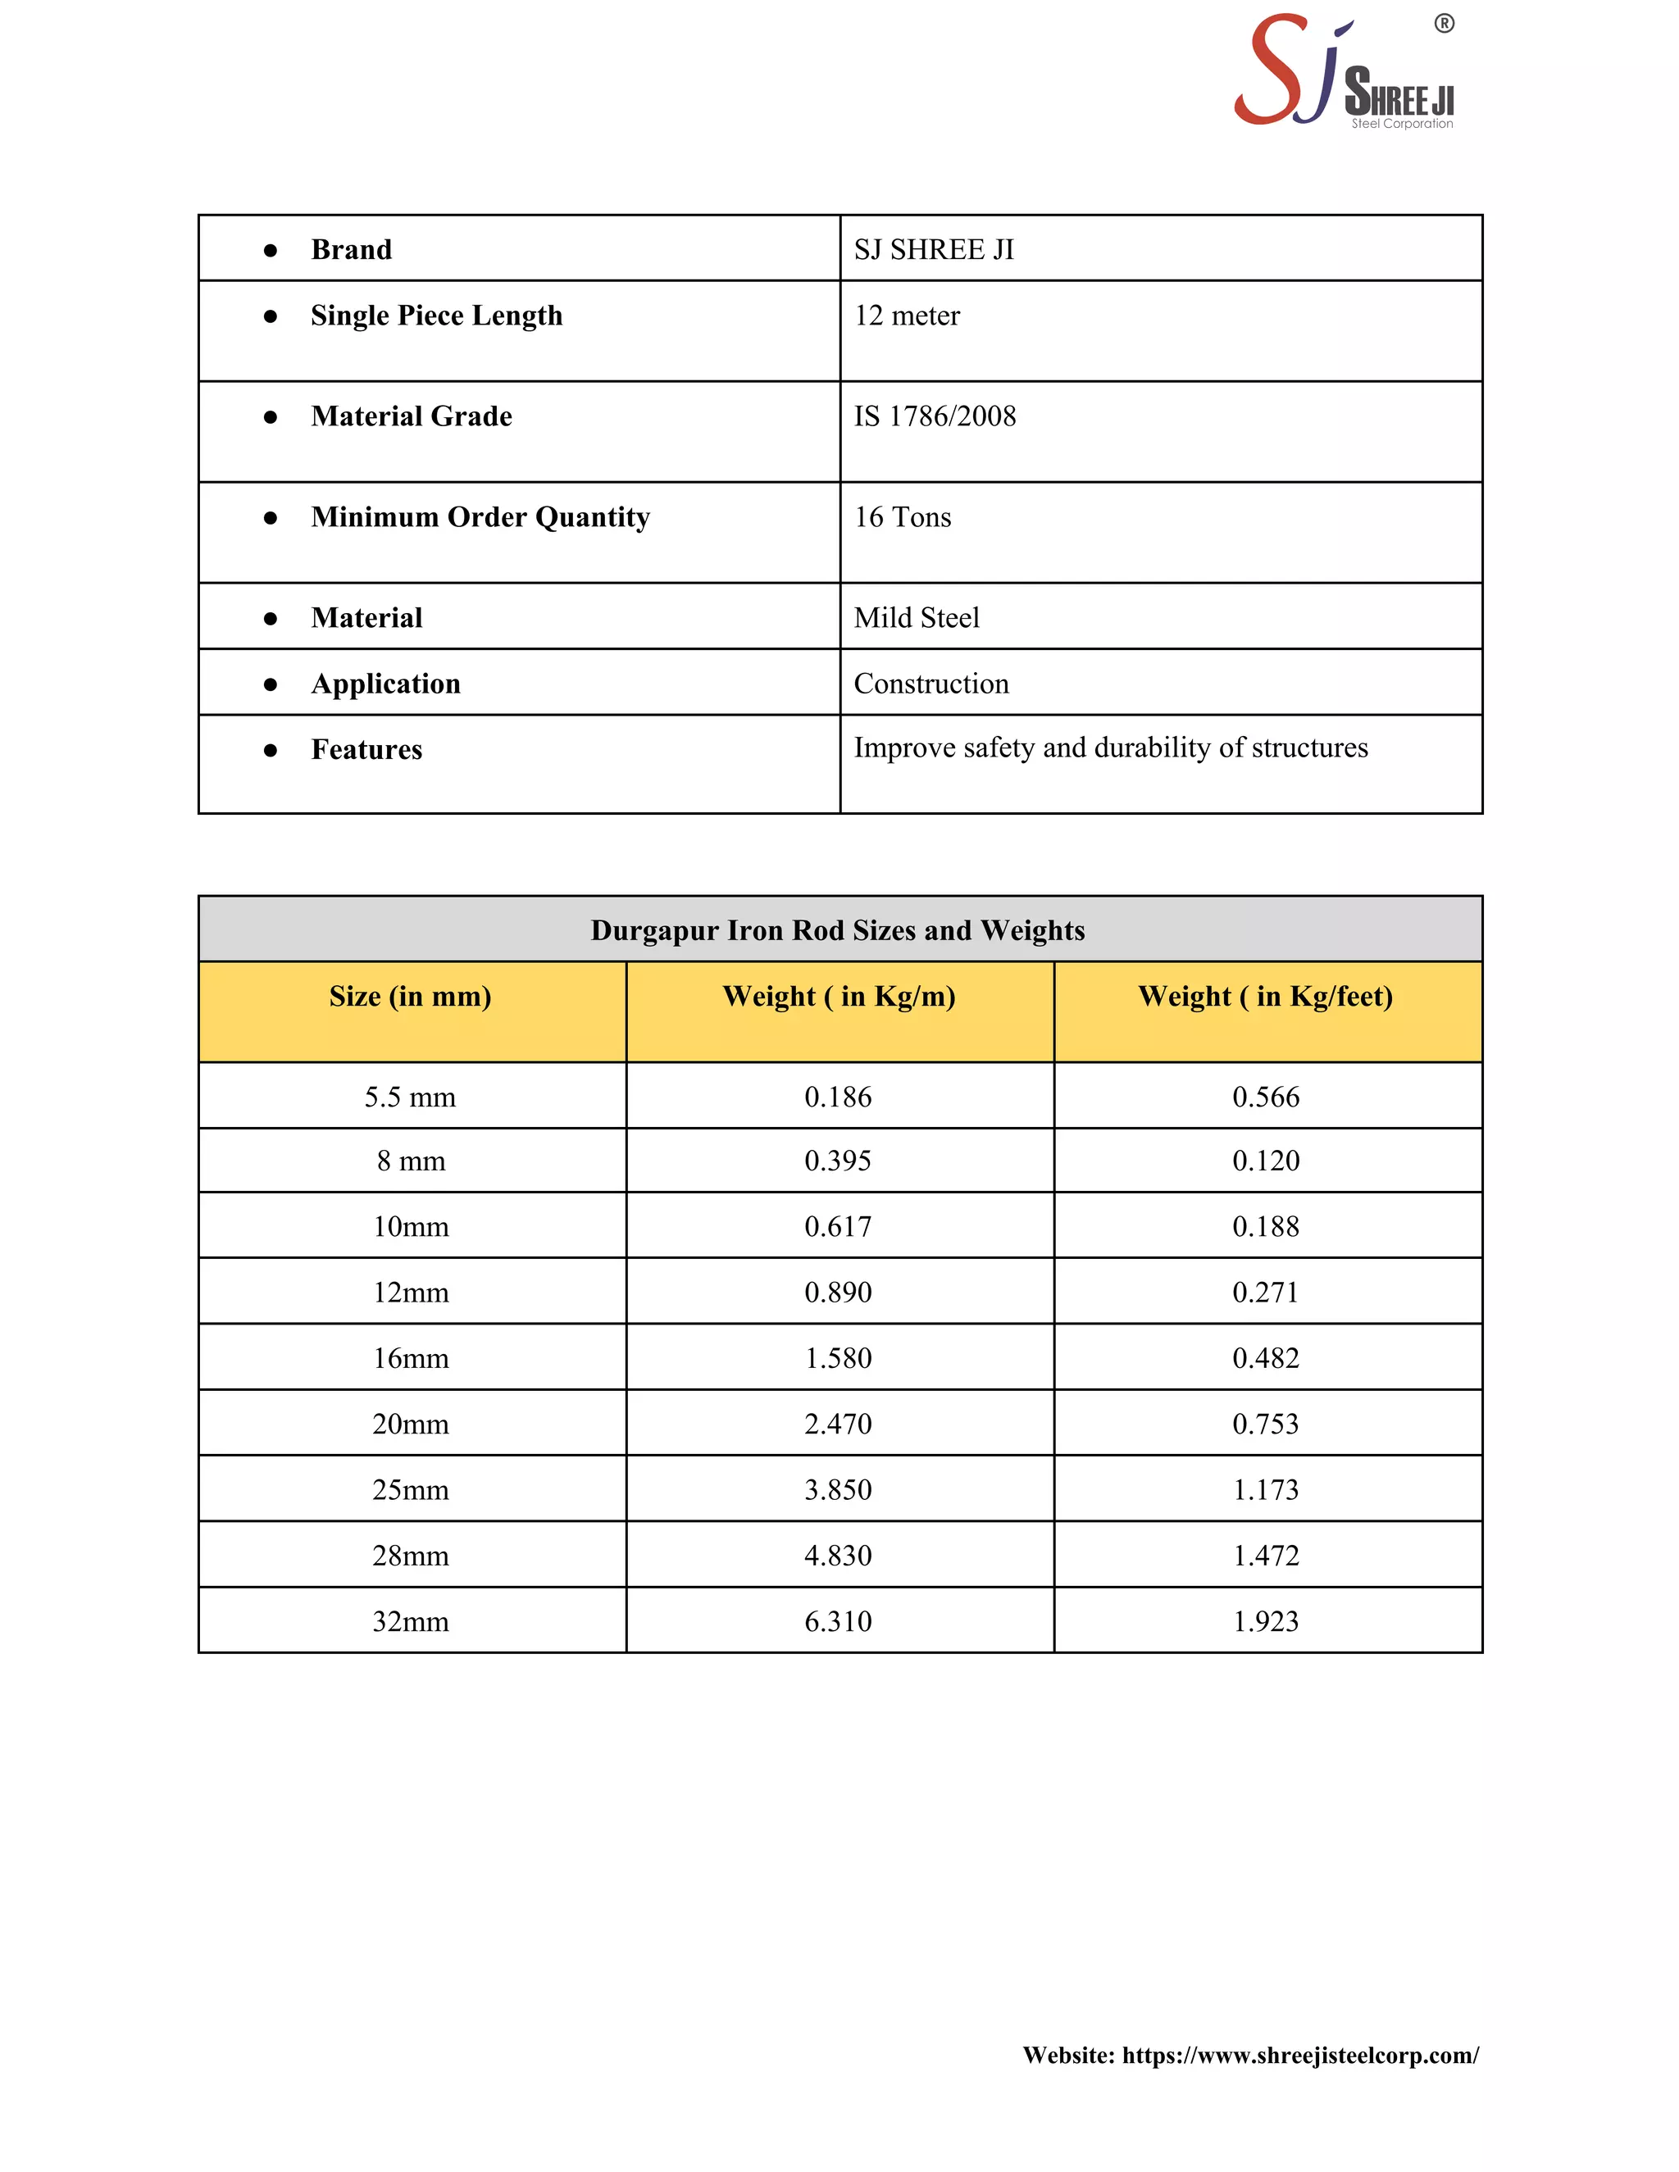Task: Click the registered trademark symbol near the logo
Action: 1445,24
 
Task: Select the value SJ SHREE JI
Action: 933,250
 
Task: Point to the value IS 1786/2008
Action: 934,416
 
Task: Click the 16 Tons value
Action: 902,517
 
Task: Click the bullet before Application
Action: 271,684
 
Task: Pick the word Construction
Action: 931,684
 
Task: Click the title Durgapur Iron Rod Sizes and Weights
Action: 838,930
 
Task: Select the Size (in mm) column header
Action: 410,997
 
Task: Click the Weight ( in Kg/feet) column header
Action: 1265,997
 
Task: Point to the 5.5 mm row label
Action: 410,1097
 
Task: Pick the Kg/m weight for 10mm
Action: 838,1226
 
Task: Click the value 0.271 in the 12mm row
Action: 1265,1292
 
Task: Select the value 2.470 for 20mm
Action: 838,1425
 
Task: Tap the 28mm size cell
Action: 410,1556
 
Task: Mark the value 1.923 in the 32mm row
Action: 1265,1621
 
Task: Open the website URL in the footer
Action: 1300,2056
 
